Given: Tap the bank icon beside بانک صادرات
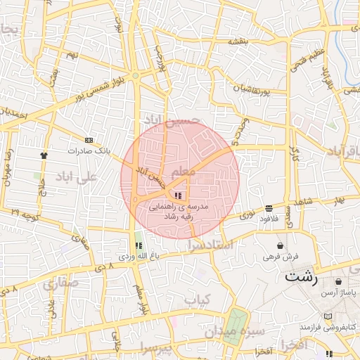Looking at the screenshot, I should [89, 140].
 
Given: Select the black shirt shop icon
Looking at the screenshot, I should [44, 155].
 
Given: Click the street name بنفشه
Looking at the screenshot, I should [238, 42].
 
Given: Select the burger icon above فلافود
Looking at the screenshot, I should [269, 208].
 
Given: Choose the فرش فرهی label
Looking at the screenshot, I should [281, 257].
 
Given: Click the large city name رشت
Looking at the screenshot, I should [302, 278].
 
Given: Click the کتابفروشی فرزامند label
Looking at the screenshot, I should [326, 328].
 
